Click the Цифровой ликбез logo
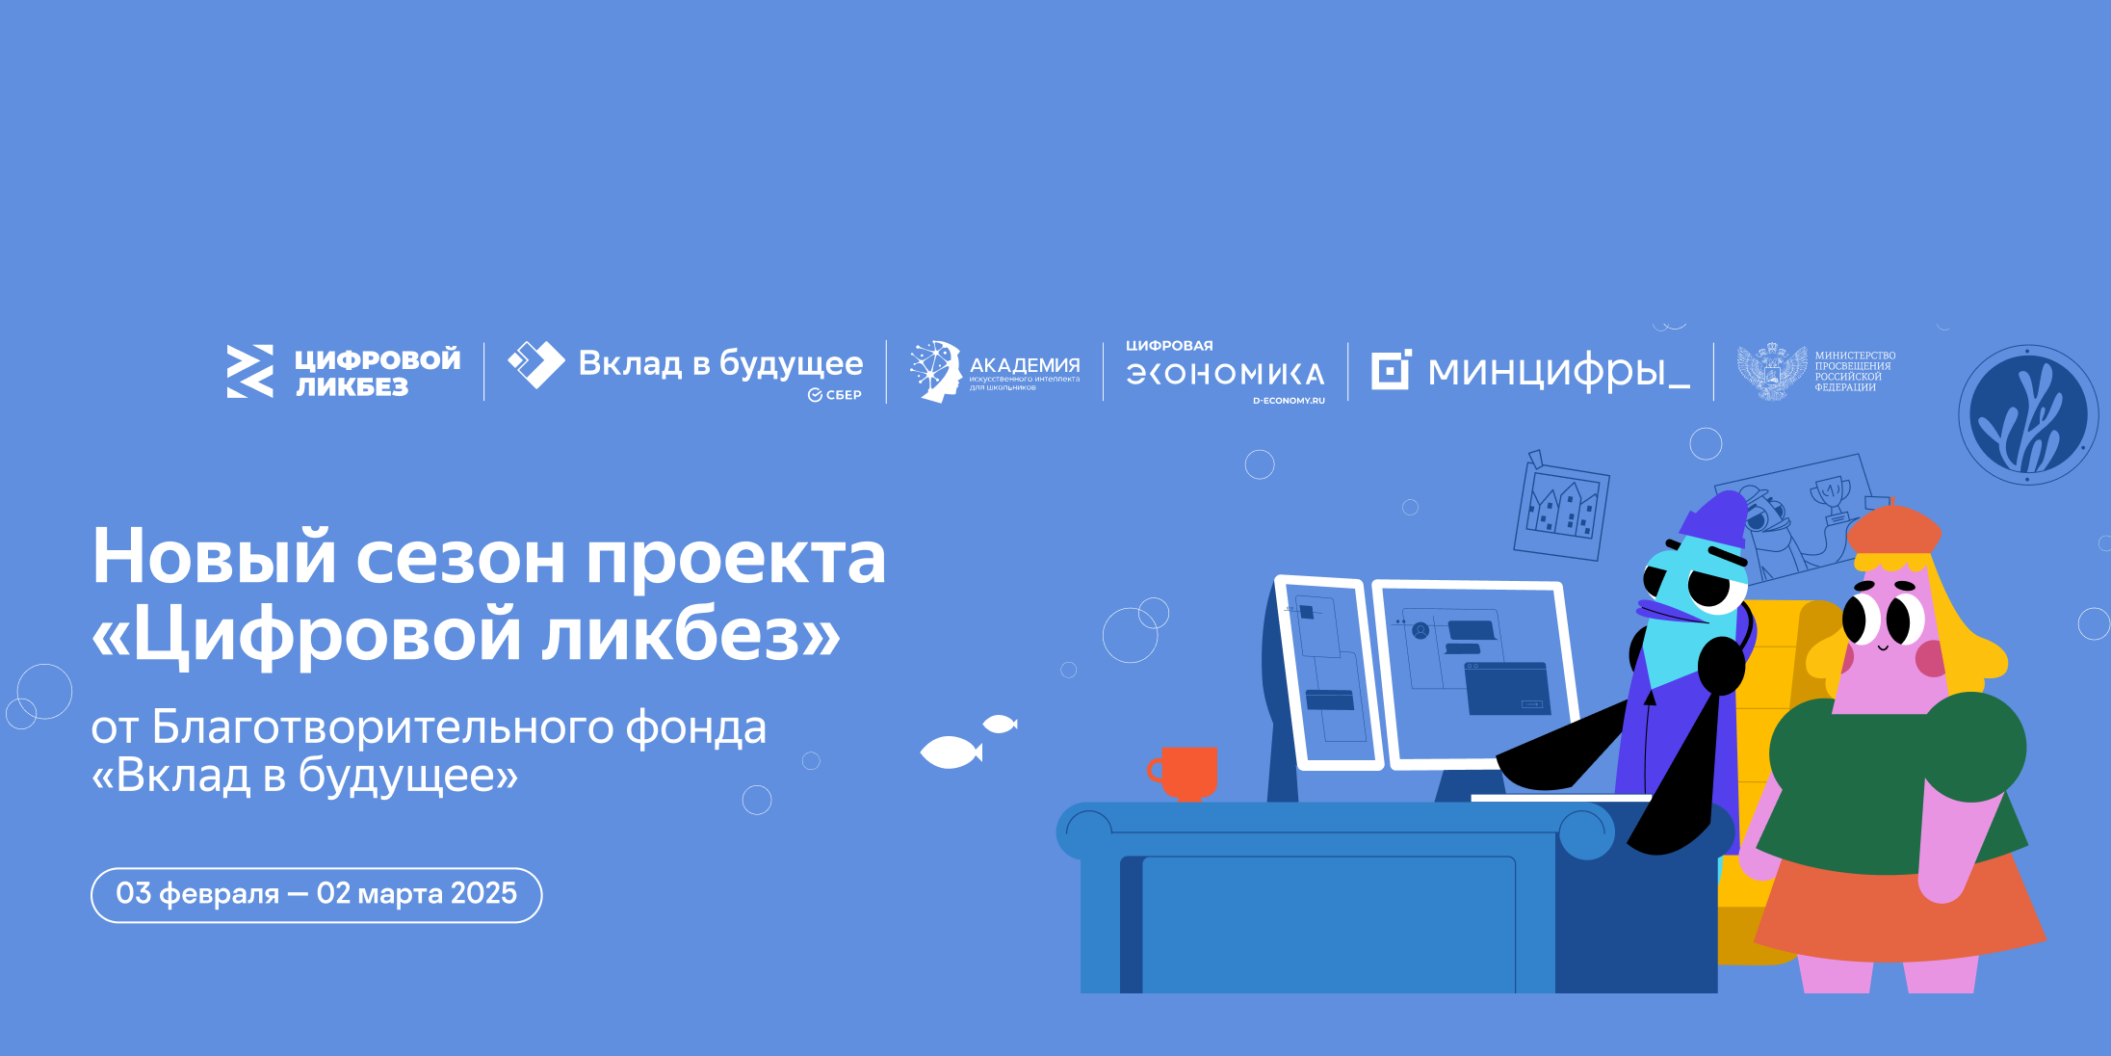tap(344, 372)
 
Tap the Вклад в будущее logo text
tap(719, 364)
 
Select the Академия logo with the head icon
tap(994, 372)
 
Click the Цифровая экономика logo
tap(1225, 373)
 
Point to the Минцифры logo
tap(1530, 371)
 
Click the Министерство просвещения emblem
tap(1772, 371)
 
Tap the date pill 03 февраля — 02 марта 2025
tap(316, 894)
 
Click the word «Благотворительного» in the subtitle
tap(382, 727)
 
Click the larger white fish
tap(951, 752)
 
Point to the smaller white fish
tap(1000, 724)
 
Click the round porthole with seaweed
tap(2028, 415)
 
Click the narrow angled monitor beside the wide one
tap(1326, 673)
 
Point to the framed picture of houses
tap(1561, 508)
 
